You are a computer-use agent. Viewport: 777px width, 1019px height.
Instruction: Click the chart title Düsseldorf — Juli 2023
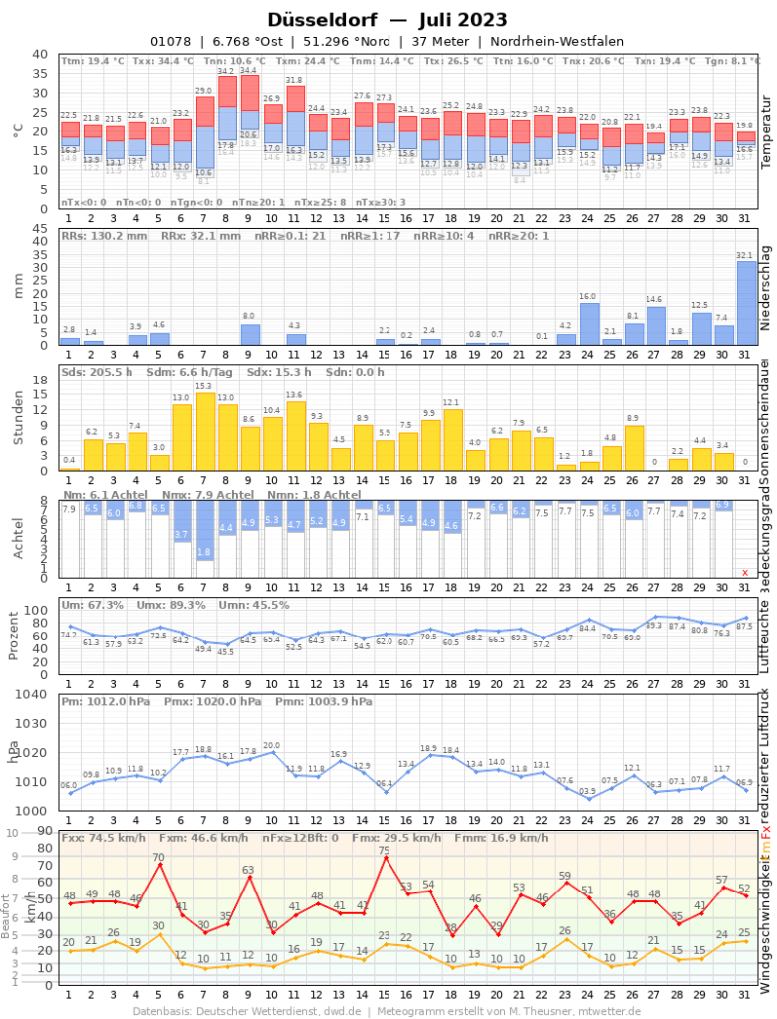tap(388, 20)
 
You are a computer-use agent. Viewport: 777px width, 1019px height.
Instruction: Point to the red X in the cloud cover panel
tap(744, 572)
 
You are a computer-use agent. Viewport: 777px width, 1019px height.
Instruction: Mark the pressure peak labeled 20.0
tap(272, 724)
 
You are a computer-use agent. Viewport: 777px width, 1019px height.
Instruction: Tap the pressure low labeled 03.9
tap(588, 770)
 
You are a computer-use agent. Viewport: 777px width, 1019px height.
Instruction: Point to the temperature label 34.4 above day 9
tap(248, 71)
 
